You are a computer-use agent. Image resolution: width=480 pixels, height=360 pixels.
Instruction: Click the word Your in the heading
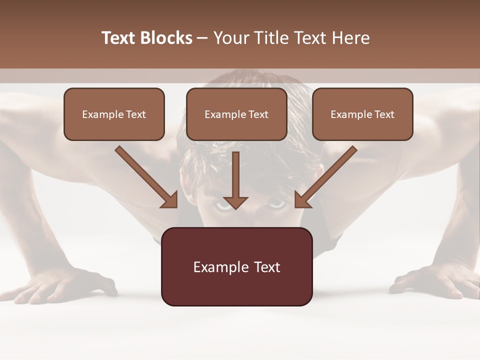click(230, 38)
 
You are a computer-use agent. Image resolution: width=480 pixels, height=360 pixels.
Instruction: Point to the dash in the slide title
click(202, 38)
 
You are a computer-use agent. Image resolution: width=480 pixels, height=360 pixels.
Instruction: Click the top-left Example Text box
click(114, 114)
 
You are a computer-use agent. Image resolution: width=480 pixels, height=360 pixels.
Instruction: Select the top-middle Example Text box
click(236, 114)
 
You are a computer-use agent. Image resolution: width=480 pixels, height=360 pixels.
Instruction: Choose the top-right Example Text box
click(362, 114)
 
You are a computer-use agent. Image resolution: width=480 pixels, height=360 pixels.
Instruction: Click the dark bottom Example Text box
click(236, 266)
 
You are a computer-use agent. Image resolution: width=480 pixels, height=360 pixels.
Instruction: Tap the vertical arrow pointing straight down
click(235, 180)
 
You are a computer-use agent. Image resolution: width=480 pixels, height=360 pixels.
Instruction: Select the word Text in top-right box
click(384, 114)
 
